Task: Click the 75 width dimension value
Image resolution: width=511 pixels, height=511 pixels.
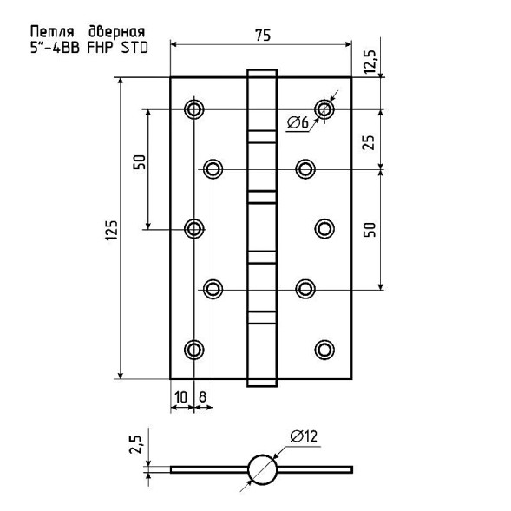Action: coord(263,36)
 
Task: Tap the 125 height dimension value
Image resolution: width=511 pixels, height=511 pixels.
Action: coord(111,231)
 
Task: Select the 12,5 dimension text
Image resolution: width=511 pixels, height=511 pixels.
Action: coord(370,62)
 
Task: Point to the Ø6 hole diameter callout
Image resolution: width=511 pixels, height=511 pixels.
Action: coord(298,122)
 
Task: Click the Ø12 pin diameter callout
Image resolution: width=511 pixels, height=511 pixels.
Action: coord(304,436)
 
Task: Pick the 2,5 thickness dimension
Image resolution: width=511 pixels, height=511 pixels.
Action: coord(136,444)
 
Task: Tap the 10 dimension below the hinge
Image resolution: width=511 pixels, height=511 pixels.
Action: coord(181,397)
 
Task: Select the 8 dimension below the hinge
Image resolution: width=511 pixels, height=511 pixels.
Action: coord(202,397)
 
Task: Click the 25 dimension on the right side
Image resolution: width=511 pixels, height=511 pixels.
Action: coord(369,142)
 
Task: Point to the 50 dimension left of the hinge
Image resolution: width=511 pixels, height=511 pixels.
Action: coord(139,161)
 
